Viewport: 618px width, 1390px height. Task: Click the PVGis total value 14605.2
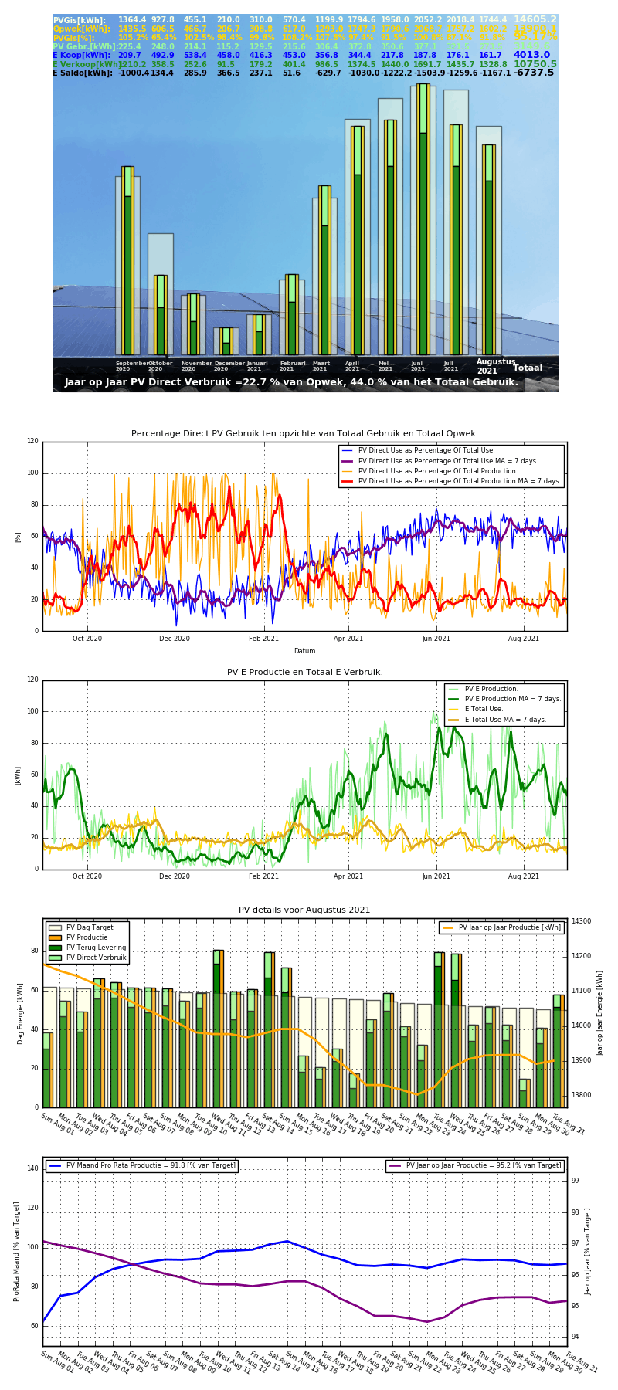(535, 19)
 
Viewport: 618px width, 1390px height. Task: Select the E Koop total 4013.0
(531, 55)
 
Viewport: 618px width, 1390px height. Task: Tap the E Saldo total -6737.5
(534, 73)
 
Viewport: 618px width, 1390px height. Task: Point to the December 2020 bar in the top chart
(226, 341)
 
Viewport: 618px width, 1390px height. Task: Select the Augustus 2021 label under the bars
(496, 366)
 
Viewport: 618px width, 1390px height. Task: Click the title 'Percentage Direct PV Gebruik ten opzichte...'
(304, 434)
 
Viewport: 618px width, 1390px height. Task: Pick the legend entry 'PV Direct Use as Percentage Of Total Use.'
(452, 450)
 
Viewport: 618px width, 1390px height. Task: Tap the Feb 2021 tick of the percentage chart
(263, 639)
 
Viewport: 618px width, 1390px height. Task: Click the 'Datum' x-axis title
(304, 651)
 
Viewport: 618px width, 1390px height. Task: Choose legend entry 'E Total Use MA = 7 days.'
(505, 720)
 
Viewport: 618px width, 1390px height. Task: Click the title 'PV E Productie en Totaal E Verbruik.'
(304, 673)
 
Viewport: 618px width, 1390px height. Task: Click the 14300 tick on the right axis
(581, 921)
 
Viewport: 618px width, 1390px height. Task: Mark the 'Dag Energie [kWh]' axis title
(21, 1013)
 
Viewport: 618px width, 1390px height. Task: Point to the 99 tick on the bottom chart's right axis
(575, 1181)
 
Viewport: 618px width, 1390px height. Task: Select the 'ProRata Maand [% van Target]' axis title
(16, 1251)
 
